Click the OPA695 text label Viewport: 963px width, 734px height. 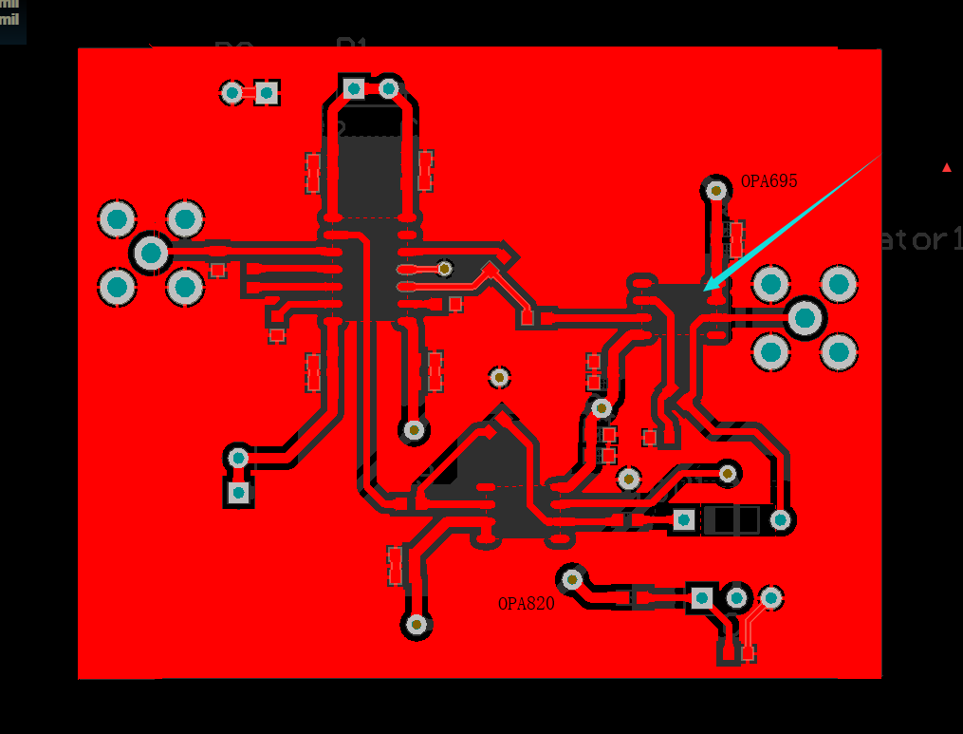[769, 181]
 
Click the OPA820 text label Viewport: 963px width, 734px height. [526, 604]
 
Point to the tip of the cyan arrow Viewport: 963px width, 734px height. [705, 289]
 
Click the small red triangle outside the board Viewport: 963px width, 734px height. [946, 168]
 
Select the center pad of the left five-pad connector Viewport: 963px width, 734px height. [151, 253]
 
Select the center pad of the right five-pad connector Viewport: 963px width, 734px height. [805, 318]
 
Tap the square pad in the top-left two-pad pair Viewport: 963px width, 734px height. [267, 92]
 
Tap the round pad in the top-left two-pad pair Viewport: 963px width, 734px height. [232, 92]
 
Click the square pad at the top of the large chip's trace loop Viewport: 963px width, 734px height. [354, 89]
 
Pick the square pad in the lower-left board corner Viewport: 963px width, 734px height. [238, 492]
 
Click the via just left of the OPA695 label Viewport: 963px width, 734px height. [716, 190]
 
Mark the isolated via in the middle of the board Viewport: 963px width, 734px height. [500, 377]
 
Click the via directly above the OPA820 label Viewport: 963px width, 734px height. [571, 577]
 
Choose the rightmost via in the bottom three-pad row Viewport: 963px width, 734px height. [771, 597]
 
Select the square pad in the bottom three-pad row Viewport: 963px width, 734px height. [702, 597]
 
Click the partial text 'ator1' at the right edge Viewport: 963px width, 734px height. [920, 238]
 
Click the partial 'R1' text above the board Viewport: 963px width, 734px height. [352, 45]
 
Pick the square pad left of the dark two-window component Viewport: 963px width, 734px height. [683, 519]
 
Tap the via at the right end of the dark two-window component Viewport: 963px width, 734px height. [780, 519]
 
